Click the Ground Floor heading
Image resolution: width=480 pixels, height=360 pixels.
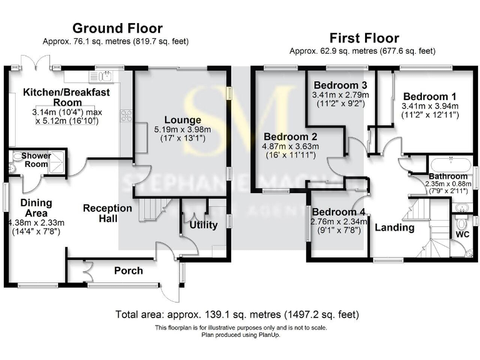click(117, 28)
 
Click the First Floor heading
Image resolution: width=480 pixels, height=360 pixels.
click(364, 37)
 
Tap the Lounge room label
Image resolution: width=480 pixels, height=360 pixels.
click(182, 120)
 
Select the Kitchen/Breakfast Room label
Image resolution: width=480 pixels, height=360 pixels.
click(66, 97)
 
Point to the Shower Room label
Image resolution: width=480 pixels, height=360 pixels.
click(36, 160)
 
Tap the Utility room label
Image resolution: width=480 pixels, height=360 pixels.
click(203, 225)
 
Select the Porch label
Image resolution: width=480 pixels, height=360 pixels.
click(128, 271)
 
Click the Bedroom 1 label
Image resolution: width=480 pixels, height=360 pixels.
click(429, 96)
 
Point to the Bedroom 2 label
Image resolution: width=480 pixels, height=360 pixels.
click(290, 136)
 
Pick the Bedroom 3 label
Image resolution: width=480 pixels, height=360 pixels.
click(340, 85)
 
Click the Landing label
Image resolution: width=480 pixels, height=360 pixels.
click(394, 227)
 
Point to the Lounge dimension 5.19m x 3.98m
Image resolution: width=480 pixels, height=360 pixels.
click(182, 129)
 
